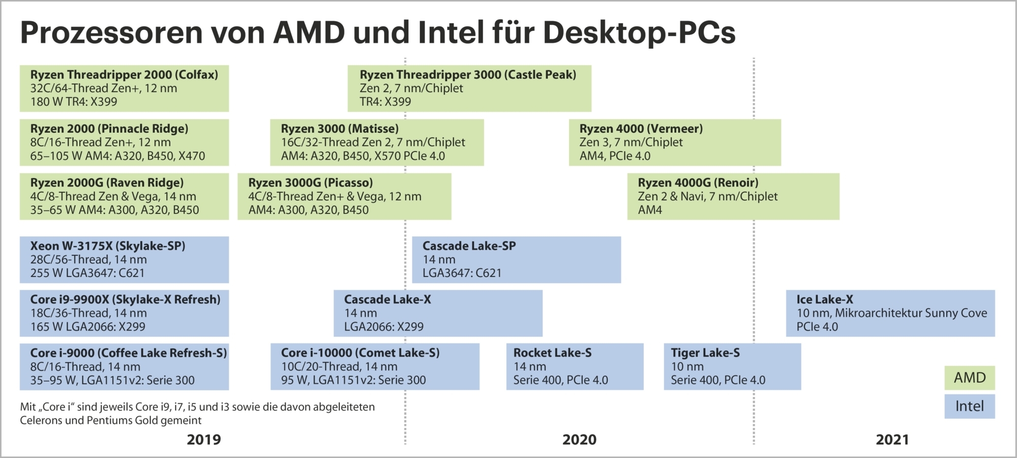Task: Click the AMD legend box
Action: tap(969, 378)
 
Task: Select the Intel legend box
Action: tap(969, 406)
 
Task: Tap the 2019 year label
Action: tap(203, 440)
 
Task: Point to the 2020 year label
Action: tap(579, 440)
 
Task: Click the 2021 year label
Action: tap(892, 440)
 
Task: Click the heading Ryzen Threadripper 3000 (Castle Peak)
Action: tap(468, 75)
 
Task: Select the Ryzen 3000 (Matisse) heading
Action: tap(340, 129)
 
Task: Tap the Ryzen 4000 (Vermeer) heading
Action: tap(641, 129)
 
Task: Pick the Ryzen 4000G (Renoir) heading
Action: tap(698, 182)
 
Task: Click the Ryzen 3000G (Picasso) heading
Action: tap(310, 182)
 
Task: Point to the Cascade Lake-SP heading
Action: tap(469, 246)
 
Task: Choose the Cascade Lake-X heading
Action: tap(387, 299)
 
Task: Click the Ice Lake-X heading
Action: tap(824, 299)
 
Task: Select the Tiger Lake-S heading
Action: tap(705, 353)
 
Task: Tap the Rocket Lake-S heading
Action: tap(552, 353)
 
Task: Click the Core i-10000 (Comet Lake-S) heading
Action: tap(360, 353)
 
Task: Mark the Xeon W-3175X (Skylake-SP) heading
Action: tap(108, 246)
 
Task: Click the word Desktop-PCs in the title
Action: tap(639, 33)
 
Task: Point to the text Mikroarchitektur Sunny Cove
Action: tap(911, 313)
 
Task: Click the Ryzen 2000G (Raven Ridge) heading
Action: tap(107, 182)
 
